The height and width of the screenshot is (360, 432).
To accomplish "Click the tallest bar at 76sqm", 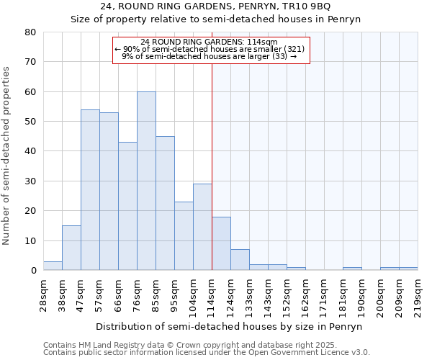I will (x=146, y=181).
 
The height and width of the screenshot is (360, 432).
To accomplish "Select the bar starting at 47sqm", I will (x=90, y=190).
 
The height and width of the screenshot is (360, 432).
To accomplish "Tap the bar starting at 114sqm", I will (x=221, y=243).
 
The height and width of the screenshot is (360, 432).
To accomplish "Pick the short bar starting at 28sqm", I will (x=53, y=266).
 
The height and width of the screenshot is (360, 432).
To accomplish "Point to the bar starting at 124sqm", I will (x=240, y=260).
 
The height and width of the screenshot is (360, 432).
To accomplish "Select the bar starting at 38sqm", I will (x=71, y=248).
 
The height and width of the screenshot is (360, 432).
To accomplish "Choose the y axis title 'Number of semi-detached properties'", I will (x=6, y=155).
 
